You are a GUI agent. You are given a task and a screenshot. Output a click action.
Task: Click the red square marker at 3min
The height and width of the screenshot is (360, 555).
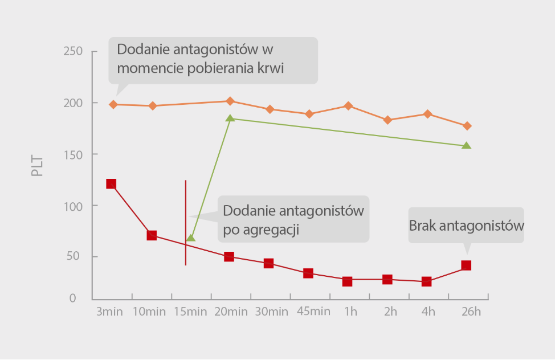coord(111,183)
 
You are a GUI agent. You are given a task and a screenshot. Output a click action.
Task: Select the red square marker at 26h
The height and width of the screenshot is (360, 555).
coord(466,265)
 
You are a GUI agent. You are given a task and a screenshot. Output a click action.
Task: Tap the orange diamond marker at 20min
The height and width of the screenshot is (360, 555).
coord(230,101)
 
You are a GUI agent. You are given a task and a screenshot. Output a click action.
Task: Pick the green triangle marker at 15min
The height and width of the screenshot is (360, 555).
coord(191,238)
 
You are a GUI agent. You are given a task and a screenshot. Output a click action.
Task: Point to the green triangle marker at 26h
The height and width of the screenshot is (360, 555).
coord(466,145)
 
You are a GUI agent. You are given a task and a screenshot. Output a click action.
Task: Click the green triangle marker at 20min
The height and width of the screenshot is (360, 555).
coord(230,118)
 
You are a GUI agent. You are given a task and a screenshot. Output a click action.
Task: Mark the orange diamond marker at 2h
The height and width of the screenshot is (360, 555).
coord(387,120)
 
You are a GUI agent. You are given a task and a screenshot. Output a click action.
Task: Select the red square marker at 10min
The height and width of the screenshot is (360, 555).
coord(152,235)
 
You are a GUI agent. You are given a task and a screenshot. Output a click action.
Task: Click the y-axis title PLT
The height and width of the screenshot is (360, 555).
coord(38,165)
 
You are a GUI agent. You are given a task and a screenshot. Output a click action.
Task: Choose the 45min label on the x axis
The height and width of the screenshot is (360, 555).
coord(309,311)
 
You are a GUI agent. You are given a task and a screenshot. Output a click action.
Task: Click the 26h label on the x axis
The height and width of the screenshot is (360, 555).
coord(471,312)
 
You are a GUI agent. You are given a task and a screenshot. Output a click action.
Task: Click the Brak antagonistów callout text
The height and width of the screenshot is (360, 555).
coord(466,226)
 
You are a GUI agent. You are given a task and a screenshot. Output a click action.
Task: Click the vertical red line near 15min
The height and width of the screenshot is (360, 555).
coord(186,222)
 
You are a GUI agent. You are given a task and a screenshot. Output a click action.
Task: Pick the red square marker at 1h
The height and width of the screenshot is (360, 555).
coord(347,281)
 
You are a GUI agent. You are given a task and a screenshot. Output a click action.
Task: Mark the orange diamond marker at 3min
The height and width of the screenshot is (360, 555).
coord(113,104)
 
